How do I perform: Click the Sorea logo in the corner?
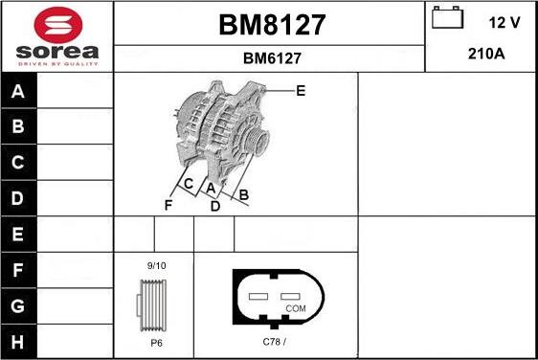tap(56, 36)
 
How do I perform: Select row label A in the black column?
tap(18, 92)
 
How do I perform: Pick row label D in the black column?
tap(18, 198)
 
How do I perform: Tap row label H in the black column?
tap(18, 342)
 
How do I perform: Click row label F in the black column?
tap(18, 271)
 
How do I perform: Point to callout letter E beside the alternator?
tap(301, 92)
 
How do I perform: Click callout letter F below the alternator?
tap(168, 205)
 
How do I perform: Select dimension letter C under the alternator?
tap(189, 184)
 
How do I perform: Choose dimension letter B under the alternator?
tap(244, 195)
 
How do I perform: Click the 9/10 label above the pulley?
tap(156, 265)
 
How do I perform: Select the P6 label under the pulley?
tap(155, 342)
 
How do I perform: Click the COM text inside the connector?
tap(297, 308)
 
